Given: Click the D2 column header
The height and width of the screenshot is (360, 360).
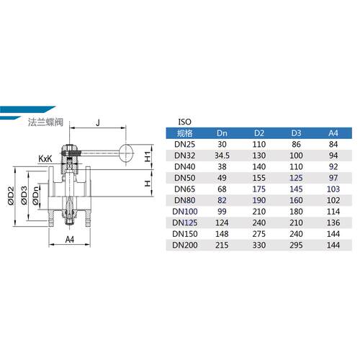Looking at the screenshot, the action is click(259, 133).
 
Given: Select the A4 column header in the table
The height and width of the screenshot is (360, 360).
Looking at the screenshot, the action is click(333, 133).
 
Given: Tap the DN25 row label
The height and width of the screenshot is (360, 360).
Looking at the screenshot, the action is click(185, 144).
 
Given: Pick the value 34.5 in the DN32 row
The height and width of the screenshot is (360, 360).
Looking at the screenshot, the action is click(222, 156).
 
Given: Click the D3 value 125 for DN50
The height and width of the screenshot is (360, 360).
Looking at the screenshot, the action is click(296, 178).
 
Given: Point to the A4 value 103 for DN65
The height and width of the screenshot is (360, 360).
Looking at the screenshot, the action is click(333, 189).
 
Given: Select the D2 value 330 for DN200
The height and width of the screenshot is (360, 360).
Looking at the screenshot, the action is click(259, 245).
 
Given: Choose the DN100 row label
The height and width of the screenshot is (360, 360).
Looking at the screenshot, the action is click(185, 212).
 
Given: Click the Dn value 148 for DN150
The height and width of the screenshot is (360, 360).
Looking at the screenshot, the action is click(222, 234).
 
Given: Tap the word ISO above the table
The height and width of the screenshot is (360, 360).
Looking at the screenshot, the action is click(185, 122).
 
